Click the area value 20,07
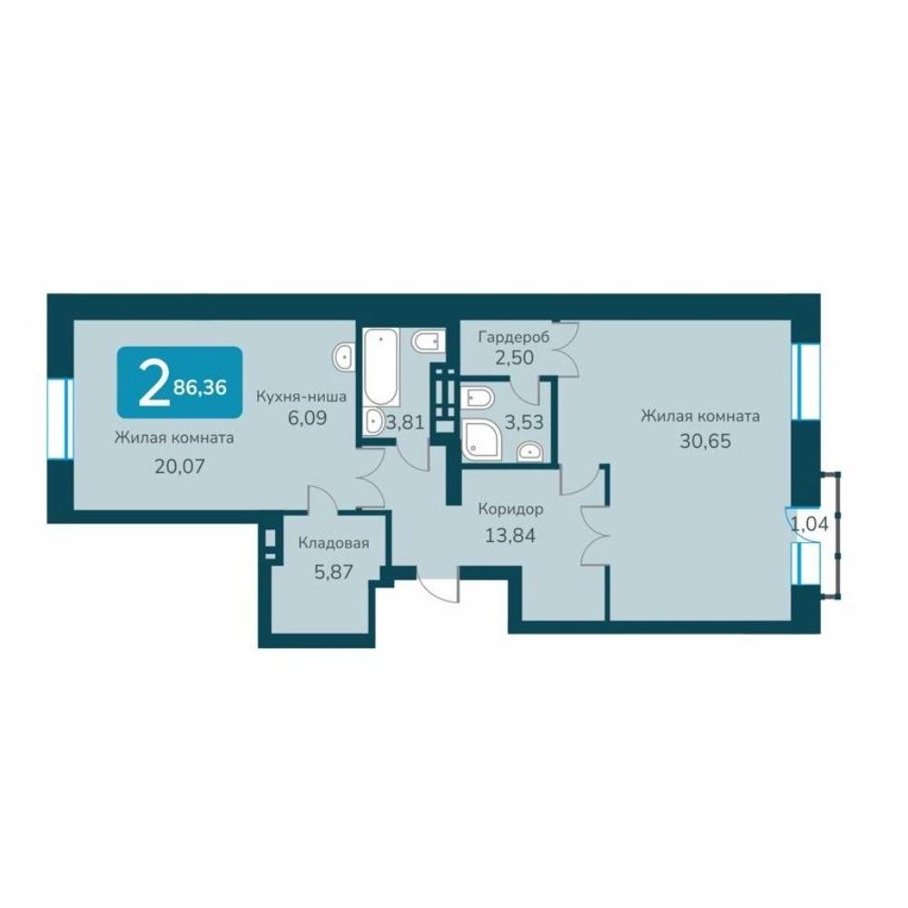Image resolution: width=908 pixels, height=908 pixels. [x=180, y=466]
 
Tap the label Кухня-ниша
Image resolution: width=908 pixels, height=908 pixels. [x=301, y=397]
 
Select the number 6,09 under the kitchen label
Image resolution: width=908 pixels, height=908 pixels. [x=308, y=418]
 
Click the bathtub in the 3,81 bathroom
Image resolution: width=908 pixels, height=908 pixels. [x=380, y=367]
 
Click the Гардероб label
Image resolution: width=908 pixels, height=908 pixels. [x=514, y=337]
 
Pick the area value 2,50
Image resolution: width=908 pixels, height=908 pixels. [x=514, y=357]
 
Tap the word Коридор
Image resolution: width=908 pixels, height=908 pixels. [x=510, y=509]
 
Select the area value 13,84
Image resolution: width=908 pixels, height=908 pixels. [x=510, y=535]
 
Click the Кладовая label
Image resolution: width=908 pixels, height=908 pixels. [x=333, y=543]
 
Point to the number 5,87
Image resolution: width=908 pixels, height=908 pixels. [x=333, y=571]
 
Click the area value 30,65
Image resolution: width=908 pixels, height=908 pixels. [x=706, y=441]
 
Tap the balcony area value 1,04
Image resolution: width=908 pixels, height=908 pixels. [x=810, y=524]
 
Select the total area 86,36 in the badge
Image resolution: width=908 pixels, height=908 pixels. [x=200, y=387]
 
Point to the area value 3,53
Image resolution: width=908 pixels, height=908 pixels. [x=524, y=422]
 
